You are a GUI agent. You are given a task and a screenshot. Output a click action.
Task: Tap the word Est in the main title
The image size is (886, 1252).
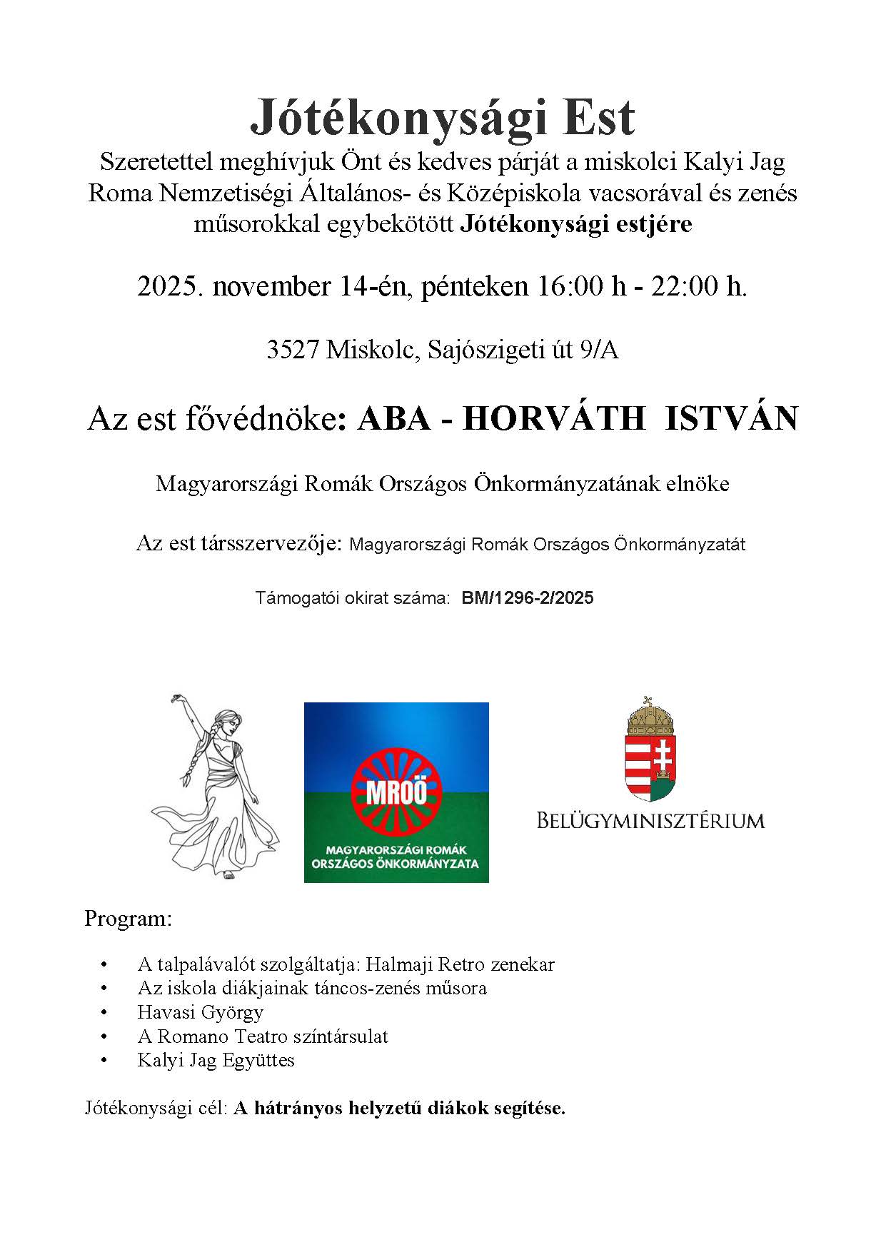point(598,118)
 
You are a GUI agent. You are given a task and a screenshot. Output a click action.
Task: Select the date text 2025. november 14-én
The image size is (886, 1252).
point(272,286)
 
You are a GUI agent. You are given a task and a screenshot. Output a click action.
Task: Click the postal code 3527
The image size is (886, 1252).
point(292,350)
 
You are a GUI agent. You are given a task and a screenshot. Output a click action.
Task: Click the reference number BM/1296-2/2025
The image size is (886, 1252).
point(528,598)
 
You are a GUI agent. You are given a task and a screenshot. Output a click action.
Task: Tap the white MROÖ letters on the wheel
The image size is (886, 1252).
point(397,793)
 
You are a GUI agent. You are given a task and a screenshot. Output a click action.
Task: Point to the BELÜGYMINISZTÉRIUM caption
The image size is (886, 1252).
point(650,820)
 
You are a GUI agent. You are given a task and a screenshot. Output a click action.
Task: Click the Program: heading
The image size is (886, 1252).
point(129,918)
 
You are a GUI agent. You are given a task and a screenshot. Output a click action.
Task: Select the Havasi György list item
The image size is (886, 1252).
point(201,1012)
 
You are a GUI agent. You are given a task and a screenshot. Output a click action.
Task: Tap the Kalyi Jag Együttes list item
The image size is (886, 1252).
point(216,1060)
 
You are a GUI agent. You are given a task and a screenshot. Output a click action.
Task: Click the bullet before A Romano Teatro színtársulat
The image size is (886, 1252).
point(106,1036)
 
